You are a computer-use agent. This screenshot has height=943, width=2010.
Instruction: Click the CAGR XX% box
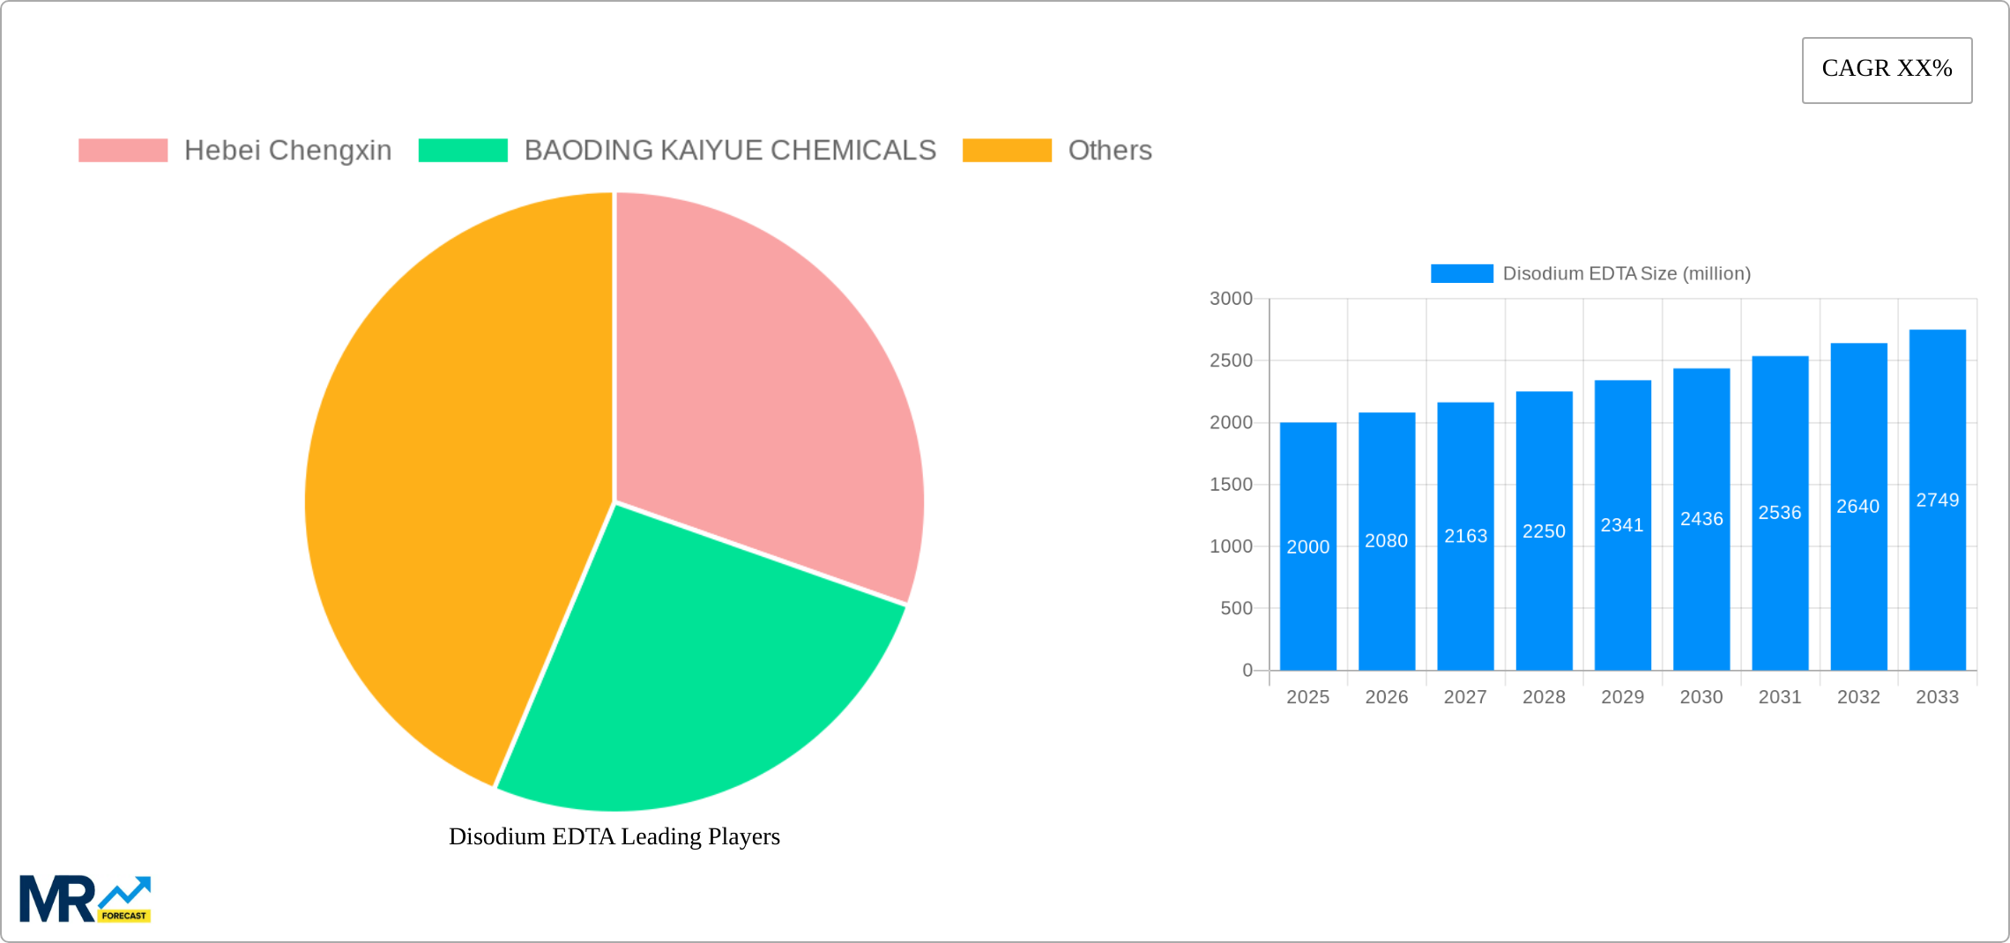[1887, 70]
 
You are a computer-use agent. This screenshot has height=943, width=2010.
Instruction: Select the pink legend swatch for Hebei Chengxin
[123, 151]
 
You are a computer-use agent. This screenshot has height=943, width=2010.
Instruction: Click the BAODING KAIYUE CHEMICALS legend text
[729, 151]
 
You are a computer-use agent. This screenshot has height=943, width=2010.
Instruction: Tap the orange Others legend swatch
[1007, 151]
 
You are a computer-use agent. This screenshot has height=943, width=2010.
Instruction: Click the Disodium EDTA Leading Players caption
[614, 836]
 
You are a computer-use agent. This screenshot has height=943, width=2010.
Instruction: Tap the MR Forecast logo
[86, 899]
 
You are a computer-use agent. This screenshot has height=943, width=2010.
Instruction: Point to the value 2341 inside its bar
[1622, 525]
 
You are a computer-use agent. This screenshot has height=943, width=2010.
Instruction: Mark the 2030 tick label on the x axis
[1701, 697]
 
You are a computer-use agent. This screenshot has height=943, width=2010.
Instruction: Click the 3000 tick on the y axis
[1231, 299]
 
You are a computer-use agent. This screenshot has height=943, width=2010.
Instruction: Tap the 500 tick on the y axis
[1236, 608]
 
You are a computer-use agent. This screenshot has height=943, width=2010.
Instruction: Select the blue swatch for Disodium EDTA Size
[1462, 273]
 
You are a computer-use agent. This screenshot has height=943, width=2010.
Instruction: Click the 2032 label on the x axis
[1858, 697]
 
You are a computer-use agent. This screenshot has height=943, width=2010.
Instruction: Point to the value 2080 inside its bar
[1386, 541]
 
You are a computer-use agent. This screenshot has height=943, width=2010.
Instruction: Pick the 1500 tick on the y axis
[1231, 485]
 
